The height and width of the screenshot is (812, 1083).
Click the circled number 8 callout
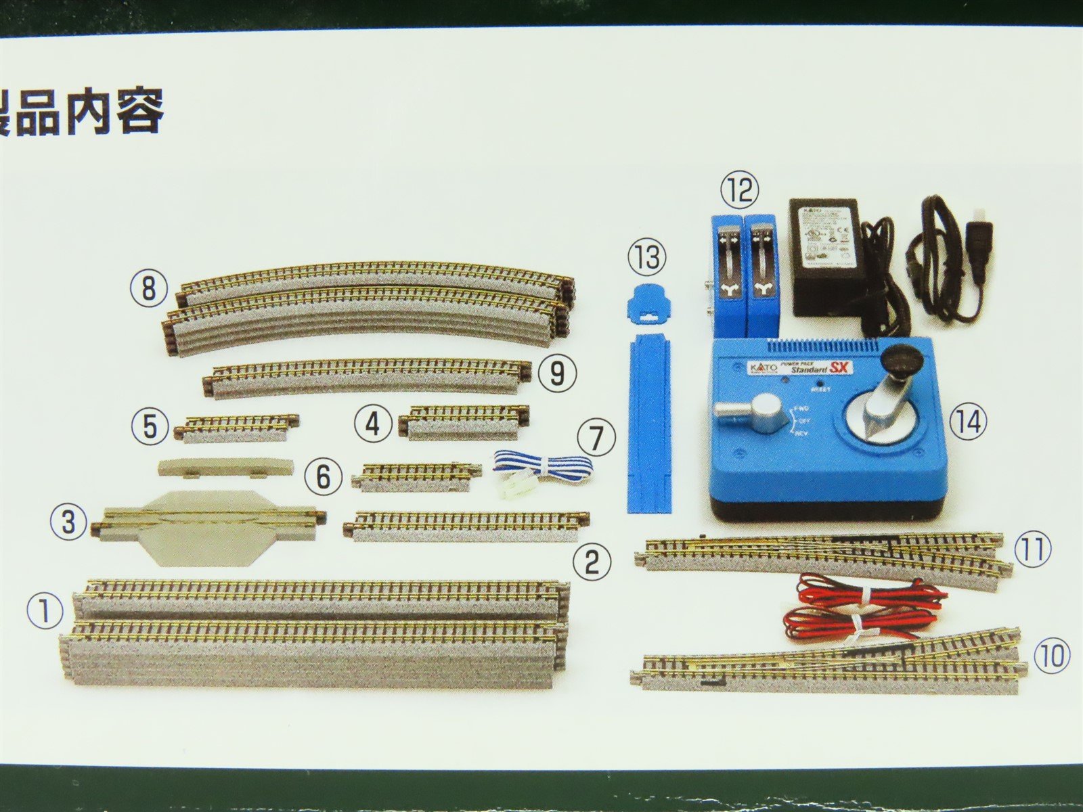coord(148,288)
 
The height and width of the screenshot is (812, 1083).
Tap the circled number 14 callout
coord(968,422)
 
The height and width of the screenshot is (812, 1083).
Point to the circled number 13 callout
coord(646,257)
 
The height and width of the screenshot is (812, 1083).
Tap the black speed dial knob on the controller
coord(904,358)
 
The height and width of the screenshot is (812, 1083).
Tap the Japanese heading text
coord(81,112)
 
